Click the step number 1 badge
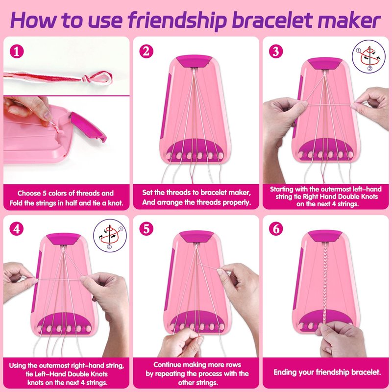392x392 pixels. coord(17,51)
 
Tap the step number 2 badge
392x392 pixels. coord(146,51)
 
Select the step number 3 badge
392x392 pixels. coord(276,51)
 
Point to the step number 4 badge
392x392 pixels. coord(17,229)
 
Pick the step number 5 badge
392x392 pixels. coord(146,229)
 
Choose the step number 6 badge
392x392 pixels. coord(276,229)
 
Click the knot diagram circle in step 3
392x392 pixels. coord(369,56)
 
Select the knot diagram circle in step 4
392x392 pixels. coord(110,236)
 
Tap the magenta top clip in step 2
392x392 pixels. coord(194,61)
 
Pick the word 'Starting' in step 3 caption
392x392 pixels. coord(281,189)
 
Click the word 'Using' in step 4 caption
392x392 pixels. coord(18,366)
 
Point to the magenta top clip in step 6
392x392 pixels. coord(324,237)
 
